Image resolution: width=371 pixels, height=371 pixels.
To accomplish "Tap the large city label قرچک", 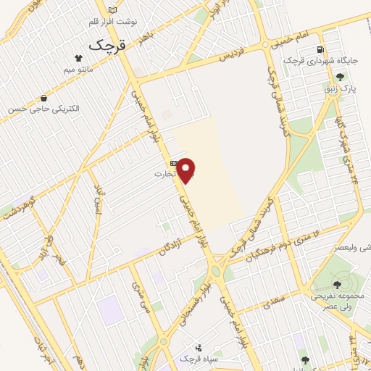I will [x=107, y=45].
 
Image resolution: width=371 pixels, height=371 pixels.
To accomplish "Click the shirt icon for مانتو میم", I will [x=78, y=57].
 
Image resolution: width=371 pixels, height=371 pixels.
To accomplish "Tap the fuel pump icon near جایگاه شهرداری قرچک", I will [x=320, y=49].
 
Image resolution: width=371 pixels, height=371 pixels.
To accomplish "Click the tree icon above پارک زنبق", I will [x=341, y=75].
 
